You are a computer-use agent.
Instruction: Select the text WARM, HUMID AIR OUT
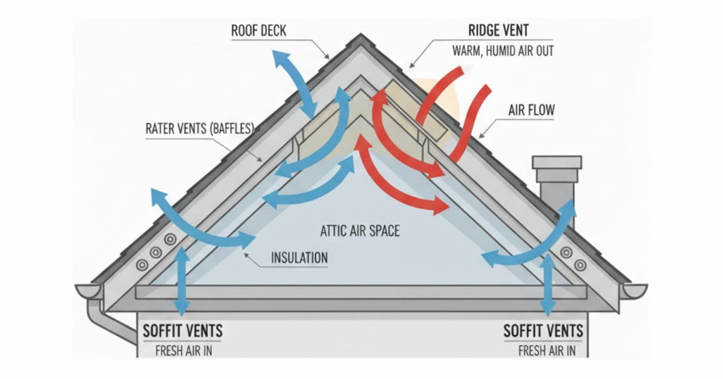click(502, 51)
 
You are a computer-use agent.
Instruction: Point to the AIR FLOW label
click(531, 110)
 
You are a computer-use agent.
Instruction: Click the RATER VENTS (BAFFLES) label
click(199, 129)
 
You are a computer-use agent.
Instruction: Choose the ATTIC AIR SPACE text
click(360, 230)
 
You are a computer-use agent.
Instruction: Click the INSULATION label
click(299, 258)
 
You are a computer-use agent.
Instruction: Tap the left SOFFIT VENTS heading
click(183, 331)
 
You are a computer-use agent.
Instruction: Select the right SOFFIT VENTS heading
click(543, 331)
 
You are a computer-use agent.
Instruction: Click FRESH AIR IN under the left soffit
click(183, 350)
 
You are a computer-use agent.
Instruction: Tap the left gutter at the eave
click(89, 291)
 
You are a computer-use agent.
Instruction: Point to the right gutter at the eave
click(634, 291)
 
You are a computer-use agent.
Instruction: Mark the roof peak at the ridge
click(361, 37)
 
